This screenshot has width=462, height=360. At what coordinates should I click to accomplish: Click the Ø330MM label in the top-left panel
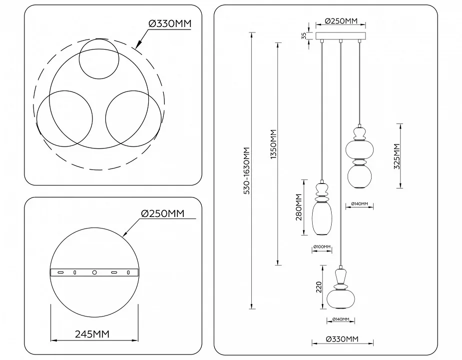170,23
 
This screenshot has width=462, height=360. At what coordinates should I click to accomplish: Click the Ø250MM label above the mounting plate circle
163,213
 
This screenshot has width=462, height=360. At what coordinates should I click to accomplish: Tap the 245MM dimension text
92,334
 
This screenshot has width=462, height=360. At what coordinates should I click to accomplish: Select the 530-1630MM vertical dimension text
247,170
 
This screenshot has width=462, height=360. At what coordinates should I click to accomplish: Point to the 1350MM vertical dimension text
274,144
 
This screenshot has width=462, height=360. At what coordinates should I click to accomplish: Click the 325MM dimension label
397,156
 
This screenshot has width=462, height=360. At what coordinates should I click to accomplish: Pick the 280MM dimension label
299,207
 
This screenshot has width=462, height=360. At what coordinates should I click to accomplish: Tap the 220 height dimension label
319,287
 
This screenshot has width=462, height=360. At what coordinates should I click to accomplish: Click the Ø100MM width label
322,246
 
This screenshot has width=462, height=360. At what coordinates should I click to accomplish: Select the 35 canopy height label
304,36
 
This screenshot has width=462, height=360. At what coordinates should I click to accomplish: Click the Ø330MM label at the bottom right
342,339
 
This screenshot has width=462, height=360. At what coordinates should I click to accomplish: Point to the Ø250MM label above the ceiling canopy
341,21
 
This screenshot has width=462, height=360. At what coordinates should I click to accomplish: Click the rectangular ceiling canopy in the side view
341,36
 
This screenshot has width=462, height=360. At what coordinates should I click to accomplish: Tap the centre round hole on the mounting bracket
94,272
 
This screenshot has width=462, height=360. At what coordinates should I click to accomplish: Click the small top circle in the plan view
99,58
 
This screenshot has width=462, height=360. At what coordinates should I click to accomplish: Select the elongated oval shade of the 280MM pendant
322,218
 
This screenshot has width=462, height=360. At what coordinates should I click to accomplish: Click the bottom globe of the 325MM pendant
360,176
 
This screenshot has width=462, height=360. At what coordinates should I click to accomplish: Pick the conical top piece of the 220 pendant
341,276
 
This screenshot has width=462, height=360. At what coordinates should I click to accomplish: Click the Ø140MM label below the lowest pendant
341,319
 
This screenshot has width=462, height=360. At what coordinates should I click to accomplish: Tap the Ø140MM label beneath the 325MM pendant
360,203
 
